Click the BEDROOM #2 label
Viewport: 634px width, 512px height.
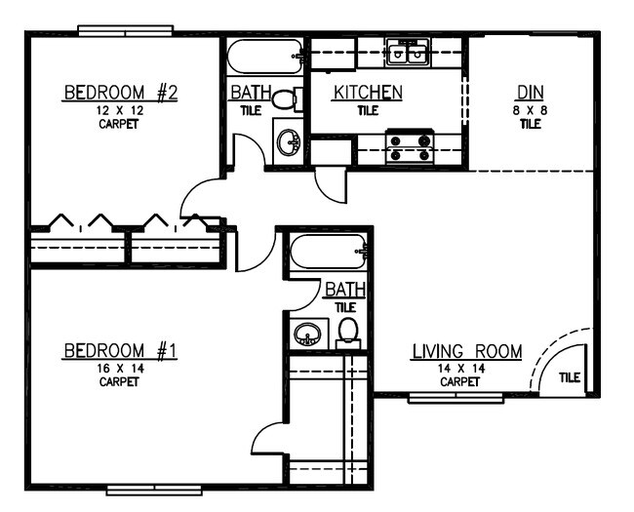120,94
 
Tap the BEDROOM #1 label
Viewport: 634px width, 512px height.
120,350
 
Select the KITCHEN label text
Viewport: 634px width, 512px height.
368,93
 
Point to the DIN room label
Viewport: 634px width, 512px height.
530,93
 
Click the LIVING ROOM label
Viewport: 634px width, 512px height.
466,351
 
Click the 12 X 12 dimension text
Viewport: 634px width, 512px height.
120,111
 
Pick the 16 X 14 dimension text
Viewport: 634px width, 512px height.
120,368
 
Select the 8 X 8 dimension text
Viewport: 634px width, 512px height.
530,110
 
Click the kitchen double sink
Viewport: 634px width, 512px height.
407,53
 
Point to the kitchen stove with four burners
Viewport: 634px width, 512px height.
410,147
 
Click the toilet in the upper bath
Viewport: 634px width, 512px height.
286,98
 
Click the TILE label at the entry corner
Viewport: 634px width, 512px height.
570,376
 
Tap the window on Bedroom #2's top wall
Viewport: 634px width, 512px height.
126,31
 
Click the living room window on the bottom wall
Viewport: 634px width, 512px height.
455,397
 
